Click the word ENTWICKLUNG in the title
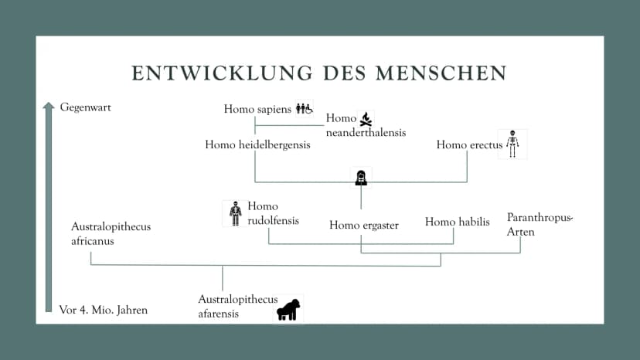coord(222,73)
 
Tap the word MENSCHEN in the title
coord(441,73)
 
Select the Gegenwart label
coord(85,107)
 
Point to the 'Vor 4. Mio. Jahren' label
coord(104,311)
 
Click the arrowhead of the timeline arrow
coord(49,106)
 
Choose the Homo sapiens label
coord(257,110)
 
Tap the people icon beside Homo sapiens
coord(304,109)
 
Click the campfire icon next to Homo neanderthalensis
coord(366,119)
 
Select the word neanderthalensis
coord(366,133)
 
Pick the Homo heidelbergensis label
coord(257,145)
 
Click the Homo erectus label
coord(469,145)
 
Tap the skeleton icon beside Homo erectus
coord(512,144)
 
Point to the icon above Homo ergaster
coord(361,178)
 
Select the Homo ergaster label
coord(364,226)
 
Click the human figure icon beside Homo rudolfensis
coord(236,213)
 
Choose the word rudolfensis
coord(273,221)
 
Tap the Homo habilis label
coord(457,222)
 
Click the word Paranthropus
coord(540,218)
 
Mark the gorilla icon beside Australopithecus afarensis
coord(288,310)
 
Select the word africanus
coord(93,241)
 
